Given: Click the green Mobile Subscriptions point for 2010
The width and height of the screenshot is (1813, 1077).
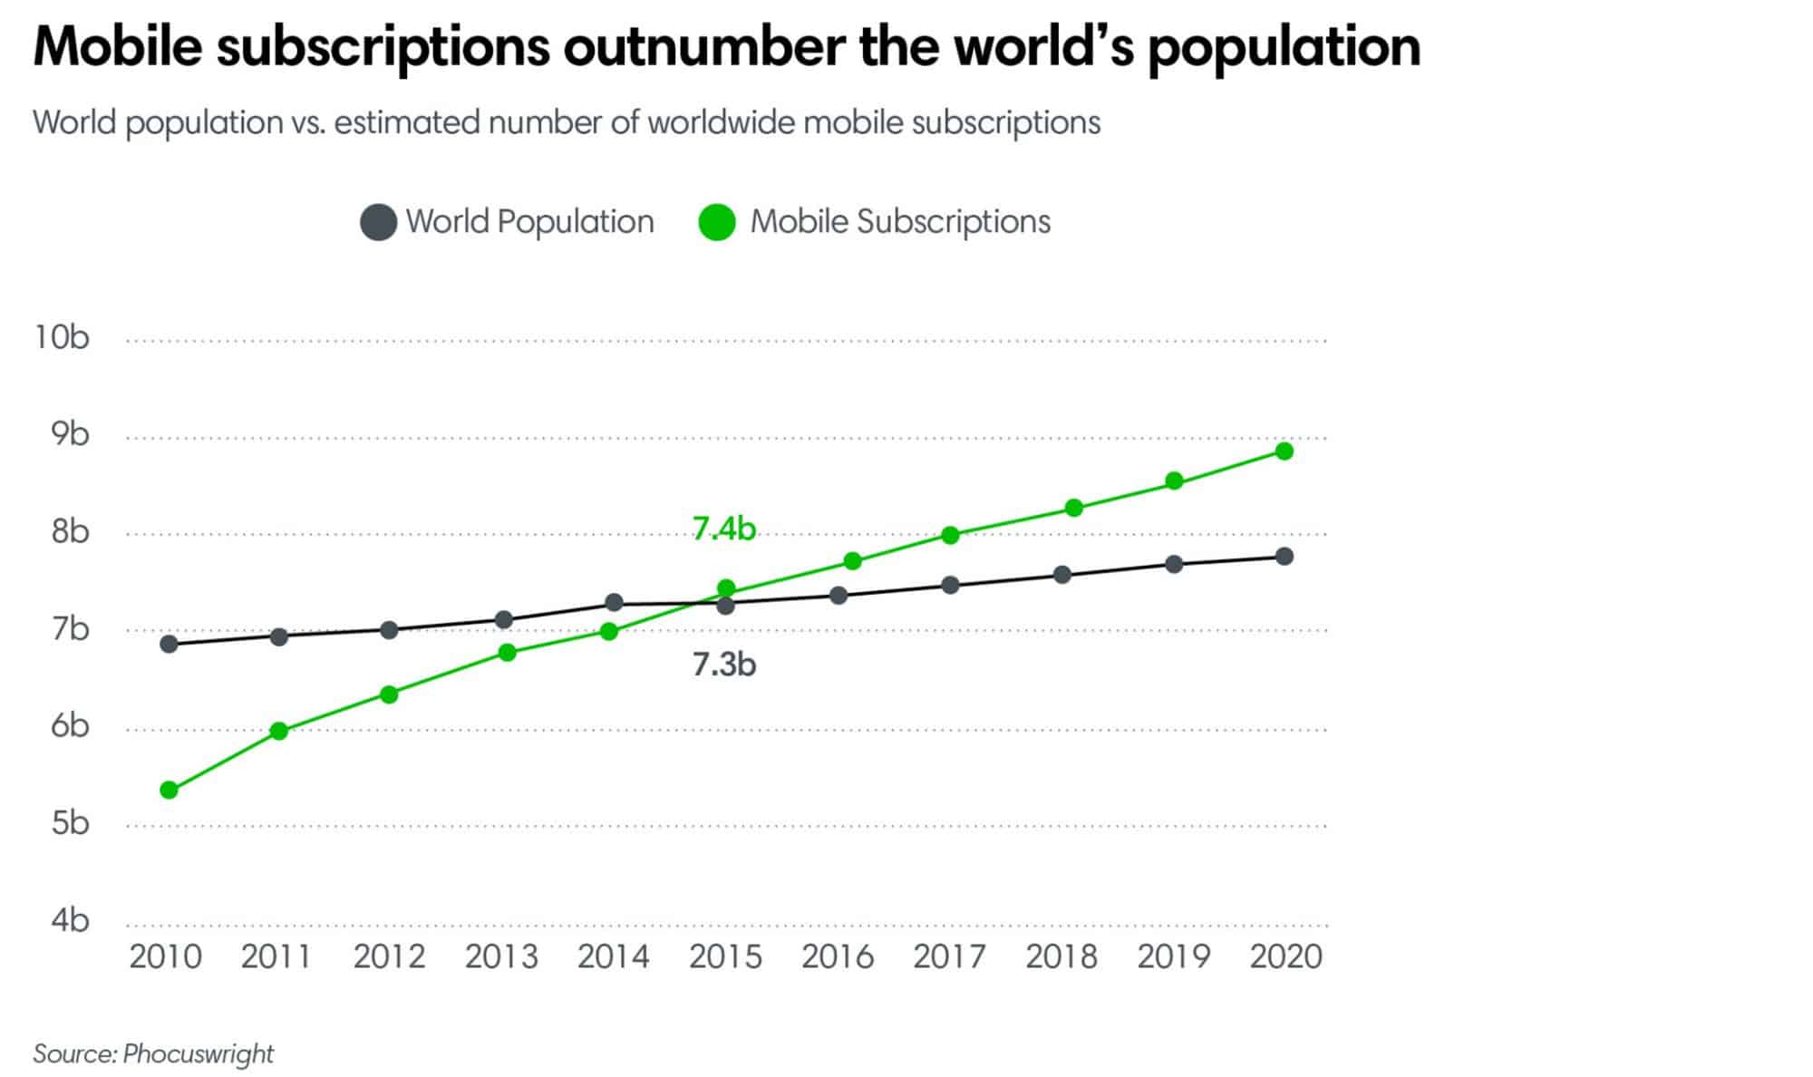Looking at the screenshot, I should pos(169,790).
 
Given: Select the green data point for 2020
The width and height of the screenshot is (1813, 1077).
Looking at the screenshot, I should pos(1284,451).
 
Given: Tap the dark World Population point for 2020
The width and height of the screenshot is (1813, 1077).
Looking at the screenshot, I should pos(1284,556).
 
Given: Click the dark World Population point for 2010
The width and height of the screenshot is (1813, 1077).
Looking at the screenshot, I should pos(169,644).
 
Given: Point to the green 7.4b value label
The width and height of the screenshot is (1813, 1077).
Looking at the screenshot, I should pos(723,529).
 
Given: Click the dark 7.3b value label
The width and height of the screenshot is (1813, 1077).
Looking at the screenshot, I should pos(723,665).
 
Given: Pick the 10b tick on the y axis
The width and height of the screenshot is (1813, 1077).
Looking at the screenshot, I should pos(62,337).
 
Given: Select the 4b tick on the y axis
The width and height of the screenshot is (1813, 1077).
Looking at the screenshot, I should pos(69,920).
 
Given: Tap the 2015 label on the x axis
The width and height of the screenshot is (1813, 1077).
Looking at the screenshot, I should pos(725,956).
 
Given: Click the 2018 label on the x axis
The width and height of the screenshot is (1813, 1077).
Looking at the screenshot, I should pos(1062,956).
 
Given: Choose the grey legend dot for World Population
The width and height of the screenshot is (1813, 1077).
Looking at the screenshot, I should pos(378,222).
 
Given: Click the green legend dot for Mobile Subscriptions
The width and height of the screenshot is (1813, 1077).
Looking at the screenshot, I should pos(717,222).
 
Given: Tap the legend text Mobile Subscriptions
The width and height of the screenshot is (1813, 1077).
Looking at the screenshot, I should pos(900,222).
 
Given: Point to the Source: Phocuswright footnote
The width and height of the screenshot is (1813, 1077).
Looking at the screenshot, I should pos(153,1053).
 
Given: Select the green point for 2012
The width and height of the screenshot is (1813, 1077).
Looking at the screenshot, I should pos(389,694).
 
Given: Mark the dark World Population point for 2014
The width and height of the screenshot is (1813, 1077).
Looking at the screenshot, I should pos(614,602).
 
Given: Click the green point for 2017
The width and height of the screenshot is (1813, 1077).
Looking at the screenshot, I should pos(950,535).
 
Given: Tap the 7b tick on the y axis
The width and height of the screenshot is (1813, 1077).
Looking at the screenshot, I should pos(69,628).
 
